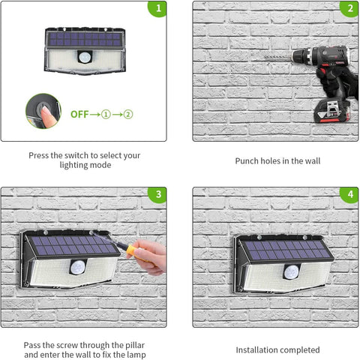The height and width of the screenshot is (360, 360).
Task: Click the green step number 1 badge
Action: click(157, 10)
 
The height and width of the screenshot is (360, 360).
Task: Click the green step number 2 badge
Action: click(349, 10)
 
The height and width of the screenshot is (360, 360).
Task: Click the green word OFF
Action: click(79, 115)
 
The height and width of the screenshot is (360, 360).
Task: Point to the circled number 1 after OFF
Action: click(107, 115)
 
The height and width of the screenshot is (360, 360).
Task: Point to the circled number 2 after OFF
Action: click(128, 115)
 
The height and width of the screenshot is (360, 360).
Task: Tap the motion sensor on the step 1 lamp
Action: click(84, 57)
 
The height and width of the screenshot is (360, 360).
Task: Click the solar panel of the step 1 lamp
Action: click(84, 39)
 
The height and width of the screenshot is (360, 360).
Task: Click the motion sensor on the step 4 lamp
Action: click(290, 270)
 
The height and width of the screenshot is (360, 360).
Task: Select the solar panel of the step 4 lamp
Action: click(283, 250)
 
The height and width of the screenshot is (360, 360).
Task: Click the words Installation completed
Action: click(277, 349)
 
